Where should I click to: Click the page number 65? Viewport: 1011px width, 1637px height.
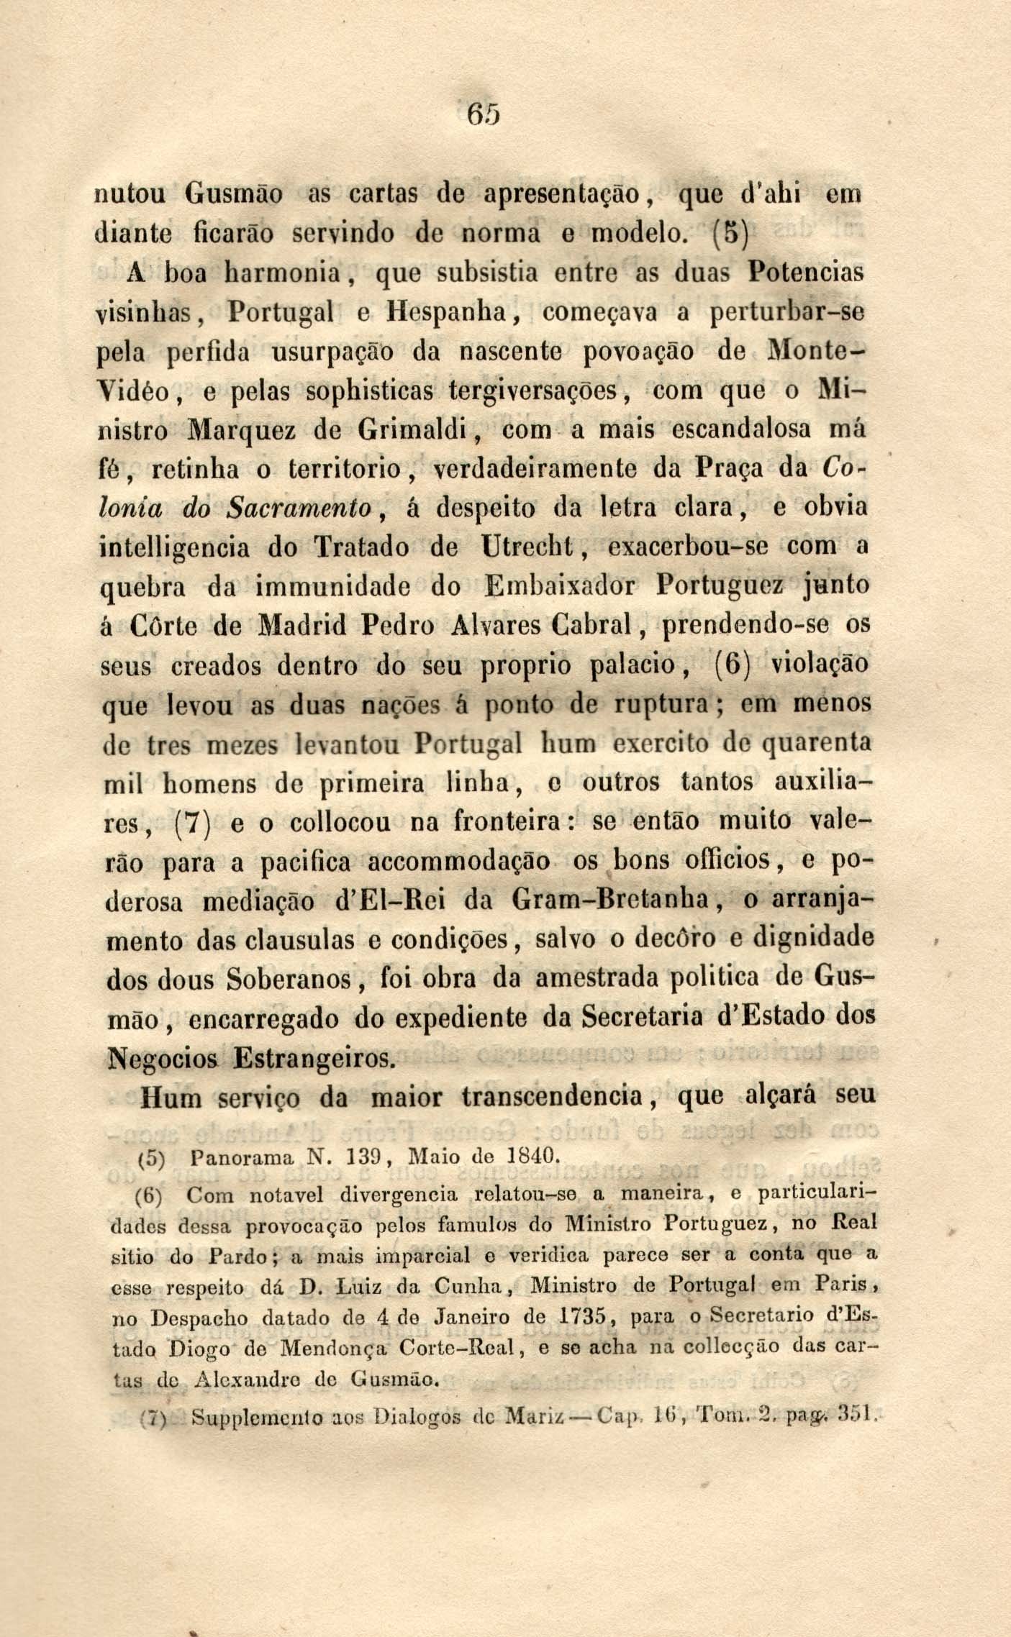pos(484,114)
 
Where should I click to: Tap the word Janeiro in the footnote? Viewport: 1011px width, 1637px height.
pos(470,1319)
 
